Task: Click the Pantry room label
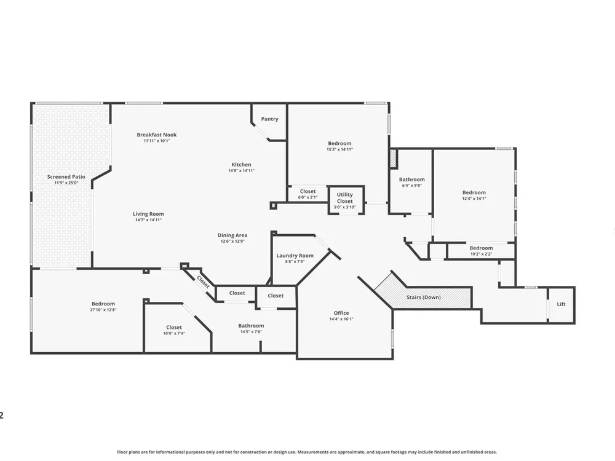point(270,119)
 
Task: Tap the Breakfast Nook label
point(156,135)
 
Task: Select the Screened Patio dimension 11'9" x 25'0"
point(66,183)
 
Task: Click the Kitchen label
point(241,164)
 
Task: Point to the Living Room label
point(148,214)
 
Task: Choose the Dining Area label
point(232,235)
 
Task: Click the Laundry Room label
point(295,256)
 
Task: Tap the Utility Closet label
point(345,197)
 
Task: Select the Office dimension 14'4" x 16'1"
point(341,319)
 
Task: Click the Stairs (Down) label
point(424,297)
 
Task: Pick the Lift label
point(561,304)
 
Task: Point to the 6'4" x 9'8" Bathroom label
point(412,179)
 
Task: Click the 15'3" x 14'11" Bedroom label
point(339,143)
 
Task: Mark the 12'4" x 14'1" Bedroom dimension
point(474,199)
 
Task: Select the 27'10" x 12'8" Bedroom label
point(103,304)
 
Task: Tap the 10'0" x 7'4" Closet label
point(174,327)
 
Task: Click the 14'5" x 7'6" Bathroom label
point(251,325)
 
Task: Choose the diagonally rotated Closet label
point(203,282)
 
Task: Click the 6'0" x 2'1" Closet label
point(308,191)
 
